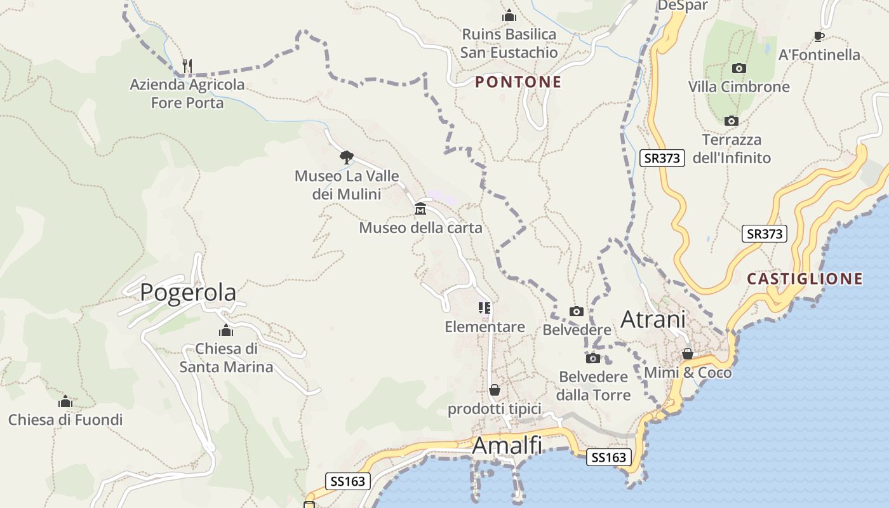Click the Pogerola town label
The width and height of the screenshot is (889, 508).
[x=188, y=292]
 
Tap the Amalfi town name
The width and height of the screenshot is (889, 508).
[x=507, y=446]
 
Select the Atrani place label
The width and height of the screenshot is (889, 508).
[x=653, y=319]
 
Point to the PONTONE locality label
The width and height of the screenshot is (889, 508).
[x=518, y=82]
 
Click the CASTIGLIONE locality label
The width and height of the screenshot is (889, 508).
[x=805, y=279]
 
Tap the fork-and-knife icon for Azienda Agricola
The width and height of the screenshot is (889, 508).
[x=187, y=65]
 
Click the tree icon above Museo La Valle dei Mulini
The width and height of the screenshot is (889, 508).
[x=346, y=157]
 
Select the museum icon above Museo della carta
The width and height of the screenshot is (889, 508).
[x=420, y=208]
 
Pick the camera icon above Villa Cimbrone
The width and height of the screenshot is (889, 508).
[x=739, y=68]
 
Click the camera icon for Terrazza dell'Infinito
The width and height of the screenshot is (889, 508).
[x=732, y=121]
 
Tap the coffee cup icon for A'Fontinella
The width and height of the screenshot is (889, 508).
[x=819, y=36]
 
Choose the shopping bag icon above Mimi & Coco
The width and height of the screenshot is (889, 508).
[x=687, y=354]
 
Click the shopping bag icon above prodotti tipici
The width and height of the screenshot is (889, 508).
[x=494, y=389]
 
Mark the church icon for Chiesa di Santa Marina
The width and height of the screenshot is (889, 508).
[x=226, y=330]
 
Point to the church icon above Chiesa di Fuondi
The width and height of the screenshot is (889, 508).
[x=65, y=401]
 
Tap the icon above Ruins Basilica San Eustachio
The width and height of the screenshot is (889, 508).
[x=509, y=15]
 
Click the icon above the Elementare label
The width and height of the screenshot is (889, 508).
[x=485, y=308]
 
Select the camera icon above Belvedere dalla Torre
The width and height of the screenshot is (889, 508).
[x=593, y=358]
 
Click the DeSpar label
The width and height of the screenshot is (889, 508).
[x=682, y=6]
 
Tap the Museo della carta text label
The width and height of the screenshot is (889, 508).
[x=420, y=227]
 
